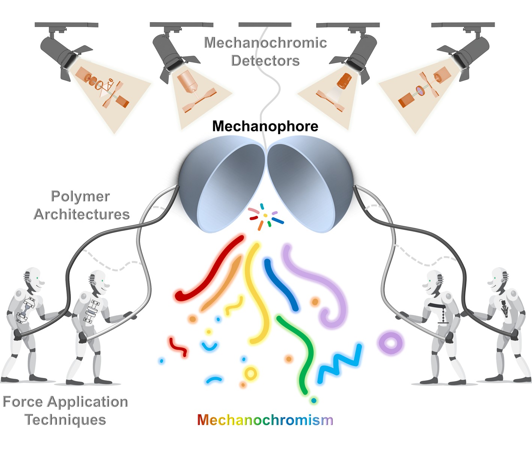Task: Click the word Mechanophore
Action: pyautogui.click(x=265, y=126)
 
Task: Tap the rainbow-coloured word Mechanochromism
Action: pyautogui.click(x=265, y=420)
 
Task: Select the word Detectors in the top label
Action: pyautogui.click(x=265, y=60)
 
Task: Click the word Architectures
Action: pyautogui.click(x=81, y=214)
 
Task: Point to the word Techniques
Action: pyautogui.click(x=65, y=420)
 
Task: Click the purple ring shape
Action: pyautogui.click(x=390, y=343)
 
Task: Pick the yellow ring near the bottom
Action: pyautogui.click(x=250, y=373)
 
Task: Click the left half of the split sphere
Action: pyautogui.click(x=222, y=184)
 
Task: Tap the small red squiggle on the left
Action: pyautogui.click(x=178, y=347)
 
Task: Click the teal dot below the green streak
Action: pyautogui.click(x=314, y=401)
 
